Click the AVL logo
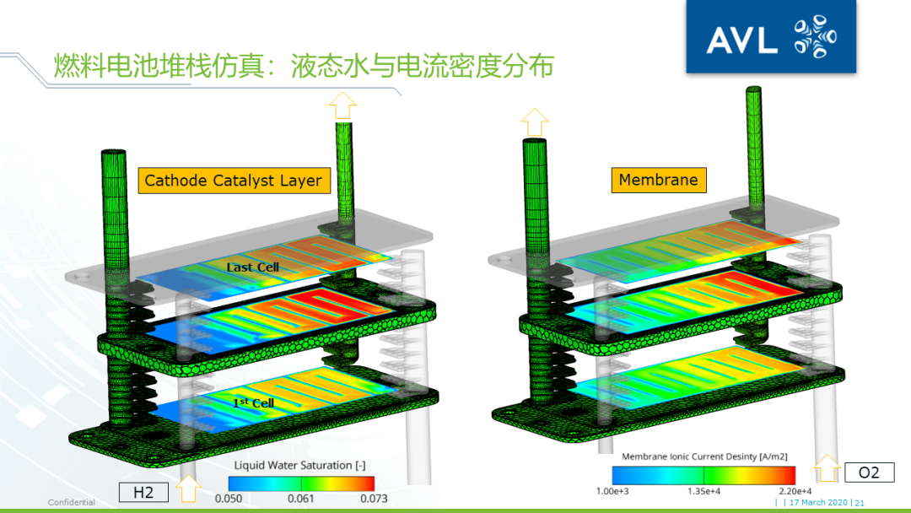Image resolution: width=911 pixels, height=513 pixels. click(x=770, y=39)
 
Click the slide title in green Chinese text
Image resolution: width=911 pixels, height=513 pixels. click(x=304, y=65)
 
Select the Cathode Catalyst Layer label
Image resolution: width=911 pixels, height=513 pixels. click(x=234, y=180)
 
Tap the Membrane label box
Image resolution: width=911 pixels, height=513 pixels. click(x=658, y=180)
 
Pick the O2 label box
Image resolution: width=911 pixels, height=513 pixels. click(x=868, y=472)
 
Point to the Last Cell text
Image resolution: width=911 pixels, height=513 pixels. click(x=252, y=267)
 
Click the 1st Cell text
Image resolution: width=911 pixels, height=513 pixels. click(x=253, y=403)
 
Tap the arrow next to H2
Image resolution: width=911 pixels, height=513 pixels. click(x=190, y=488)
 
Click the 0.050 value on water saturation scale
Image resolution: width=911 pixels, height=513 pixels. click(x=228, y=499)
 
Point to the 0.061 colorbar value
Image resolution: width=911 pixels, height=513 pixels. click(x=300, y=499)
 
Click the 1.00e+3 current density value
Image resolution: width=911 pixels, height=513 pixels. click(x=612, y=492)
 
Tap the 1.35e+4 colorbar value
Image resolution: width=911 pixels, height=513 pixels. click(x=703, y=492)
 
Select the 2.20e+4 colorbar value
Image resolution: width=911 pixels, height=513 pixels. click(x=795, y=492)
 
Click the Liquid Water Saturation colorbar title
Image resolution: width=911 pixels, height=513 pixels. click(x=299, y=465)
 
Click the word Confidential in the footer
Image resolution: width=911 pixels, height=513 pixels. click(x=71, y=503)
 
